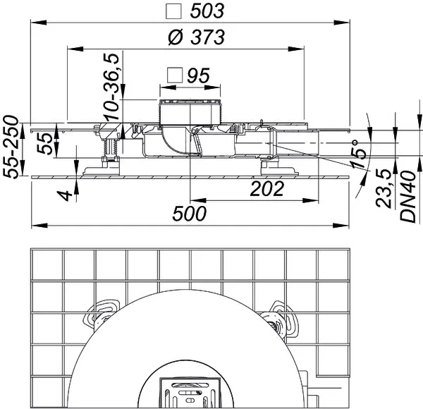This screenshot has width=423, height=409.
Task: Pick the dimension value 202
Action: [x=268, y=189]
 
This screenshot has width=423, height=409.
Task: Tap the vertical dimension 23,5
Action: [x=384, y=188]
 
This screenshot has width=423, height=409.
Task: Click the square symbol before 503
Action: [x=172, y=11]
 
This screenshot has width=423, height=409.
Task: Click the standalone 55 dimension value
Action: [x=44, y=143]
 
